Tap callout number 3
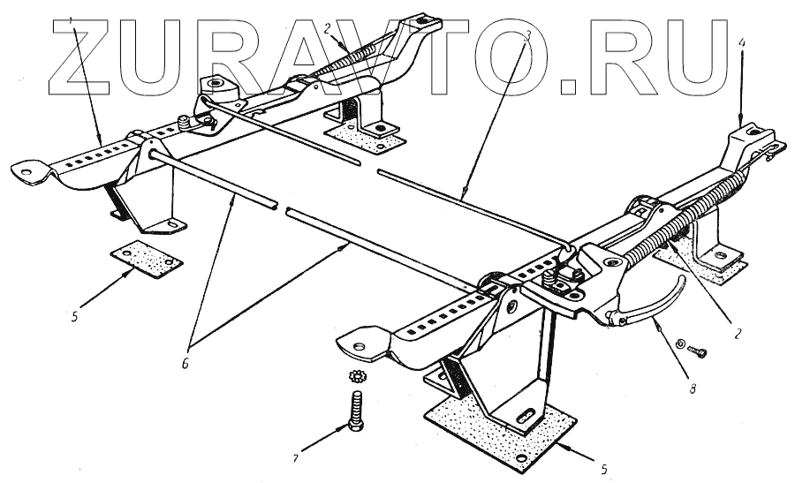(x=527, y=36)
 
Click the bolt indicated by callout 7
(x=357, y=412)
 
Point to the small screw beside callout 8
(x=698, y=350)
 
